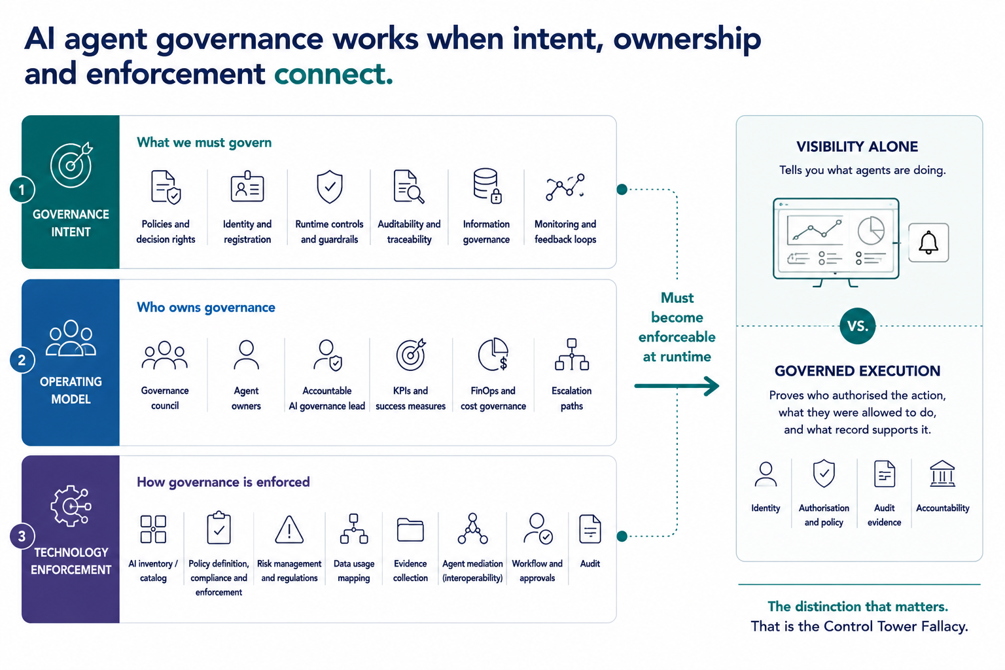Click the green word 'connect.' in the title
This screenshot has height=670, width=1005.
[333, 74]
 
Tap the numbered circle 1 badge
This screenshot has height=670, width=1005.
[22, 190]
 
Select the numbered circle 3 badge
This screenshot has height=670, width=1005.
[22, 536]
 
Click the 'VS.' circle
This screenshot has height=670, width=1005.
[857, 326]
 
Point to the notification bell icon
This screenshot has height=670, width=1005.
[928, 243]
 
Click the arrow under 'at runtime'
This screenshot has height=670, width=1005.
[677, 386]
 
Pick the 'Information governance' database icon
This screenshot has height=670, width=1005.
[487, 186]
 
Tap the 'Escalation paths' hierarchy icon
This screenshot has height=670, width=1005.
[572, 355]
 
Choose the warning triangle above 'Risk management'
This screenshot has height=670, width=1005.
[289, 529]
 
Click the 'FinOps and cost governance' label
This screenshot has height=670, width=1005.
[493, 398]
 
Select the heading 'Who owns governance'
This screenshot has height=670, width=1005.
[206, 308]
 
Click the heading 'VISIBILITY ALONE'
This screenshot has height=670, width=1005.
[857, 147]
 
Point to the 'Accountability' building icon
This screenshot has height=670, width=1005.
[942, 474]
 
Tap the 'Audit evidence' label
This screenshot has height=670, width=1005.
[884, 515]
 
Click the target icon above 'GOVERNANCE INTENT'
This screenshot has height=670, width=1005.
[71, 165]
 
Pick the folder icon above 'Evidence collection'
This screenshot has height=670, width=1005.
[410, 530]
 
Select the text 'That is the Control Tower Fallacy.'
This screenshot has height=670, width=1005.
[859, 626]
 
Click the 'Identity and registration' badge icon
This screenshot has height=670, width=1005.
[247, 186]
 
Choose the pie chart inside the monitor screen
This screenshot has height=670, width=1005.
[871, 231]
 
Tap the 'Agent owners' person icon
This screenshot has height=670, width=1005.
[246, 355]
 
